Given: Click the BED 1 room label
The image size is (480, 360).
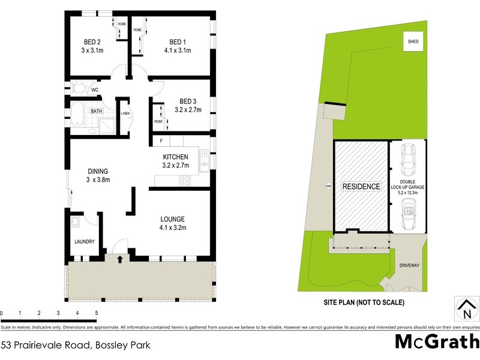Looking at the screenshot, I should [178, 42].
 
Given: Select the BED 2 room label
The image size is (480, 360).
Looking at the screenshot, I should [92, 42].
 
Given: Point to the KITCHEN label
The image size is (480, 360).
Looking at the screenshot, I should [176, 157].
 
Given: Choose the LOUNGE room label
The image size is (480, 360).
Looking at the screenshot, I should [172, 219].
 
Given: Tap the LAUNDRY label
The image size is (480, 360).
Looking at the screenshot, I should [85, 242].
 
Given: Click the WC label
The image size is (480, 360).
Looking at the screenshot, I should [95, 90].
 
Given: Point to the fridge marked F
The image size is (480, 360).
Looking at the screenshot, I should [161, 141].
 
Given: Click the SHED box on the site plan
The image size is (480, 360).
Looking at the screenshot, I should [413, 42].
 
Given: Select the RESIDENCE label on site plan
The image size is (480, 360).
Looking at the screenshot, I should [361, 187].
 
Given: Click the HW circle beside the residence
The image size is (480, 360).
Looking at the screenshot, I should [328, 185].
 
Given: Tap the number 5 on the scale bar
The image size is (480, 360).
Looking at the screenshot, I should [96, 313].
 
